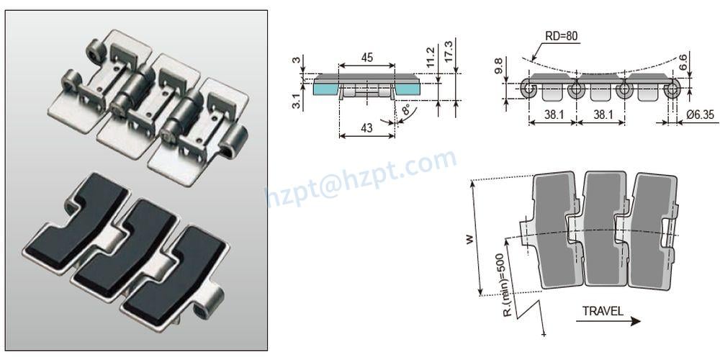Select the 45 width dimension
tap(366, 58)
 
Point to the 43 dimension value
tap(366, 127)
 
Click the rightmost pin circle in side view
tap(672, 89)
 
